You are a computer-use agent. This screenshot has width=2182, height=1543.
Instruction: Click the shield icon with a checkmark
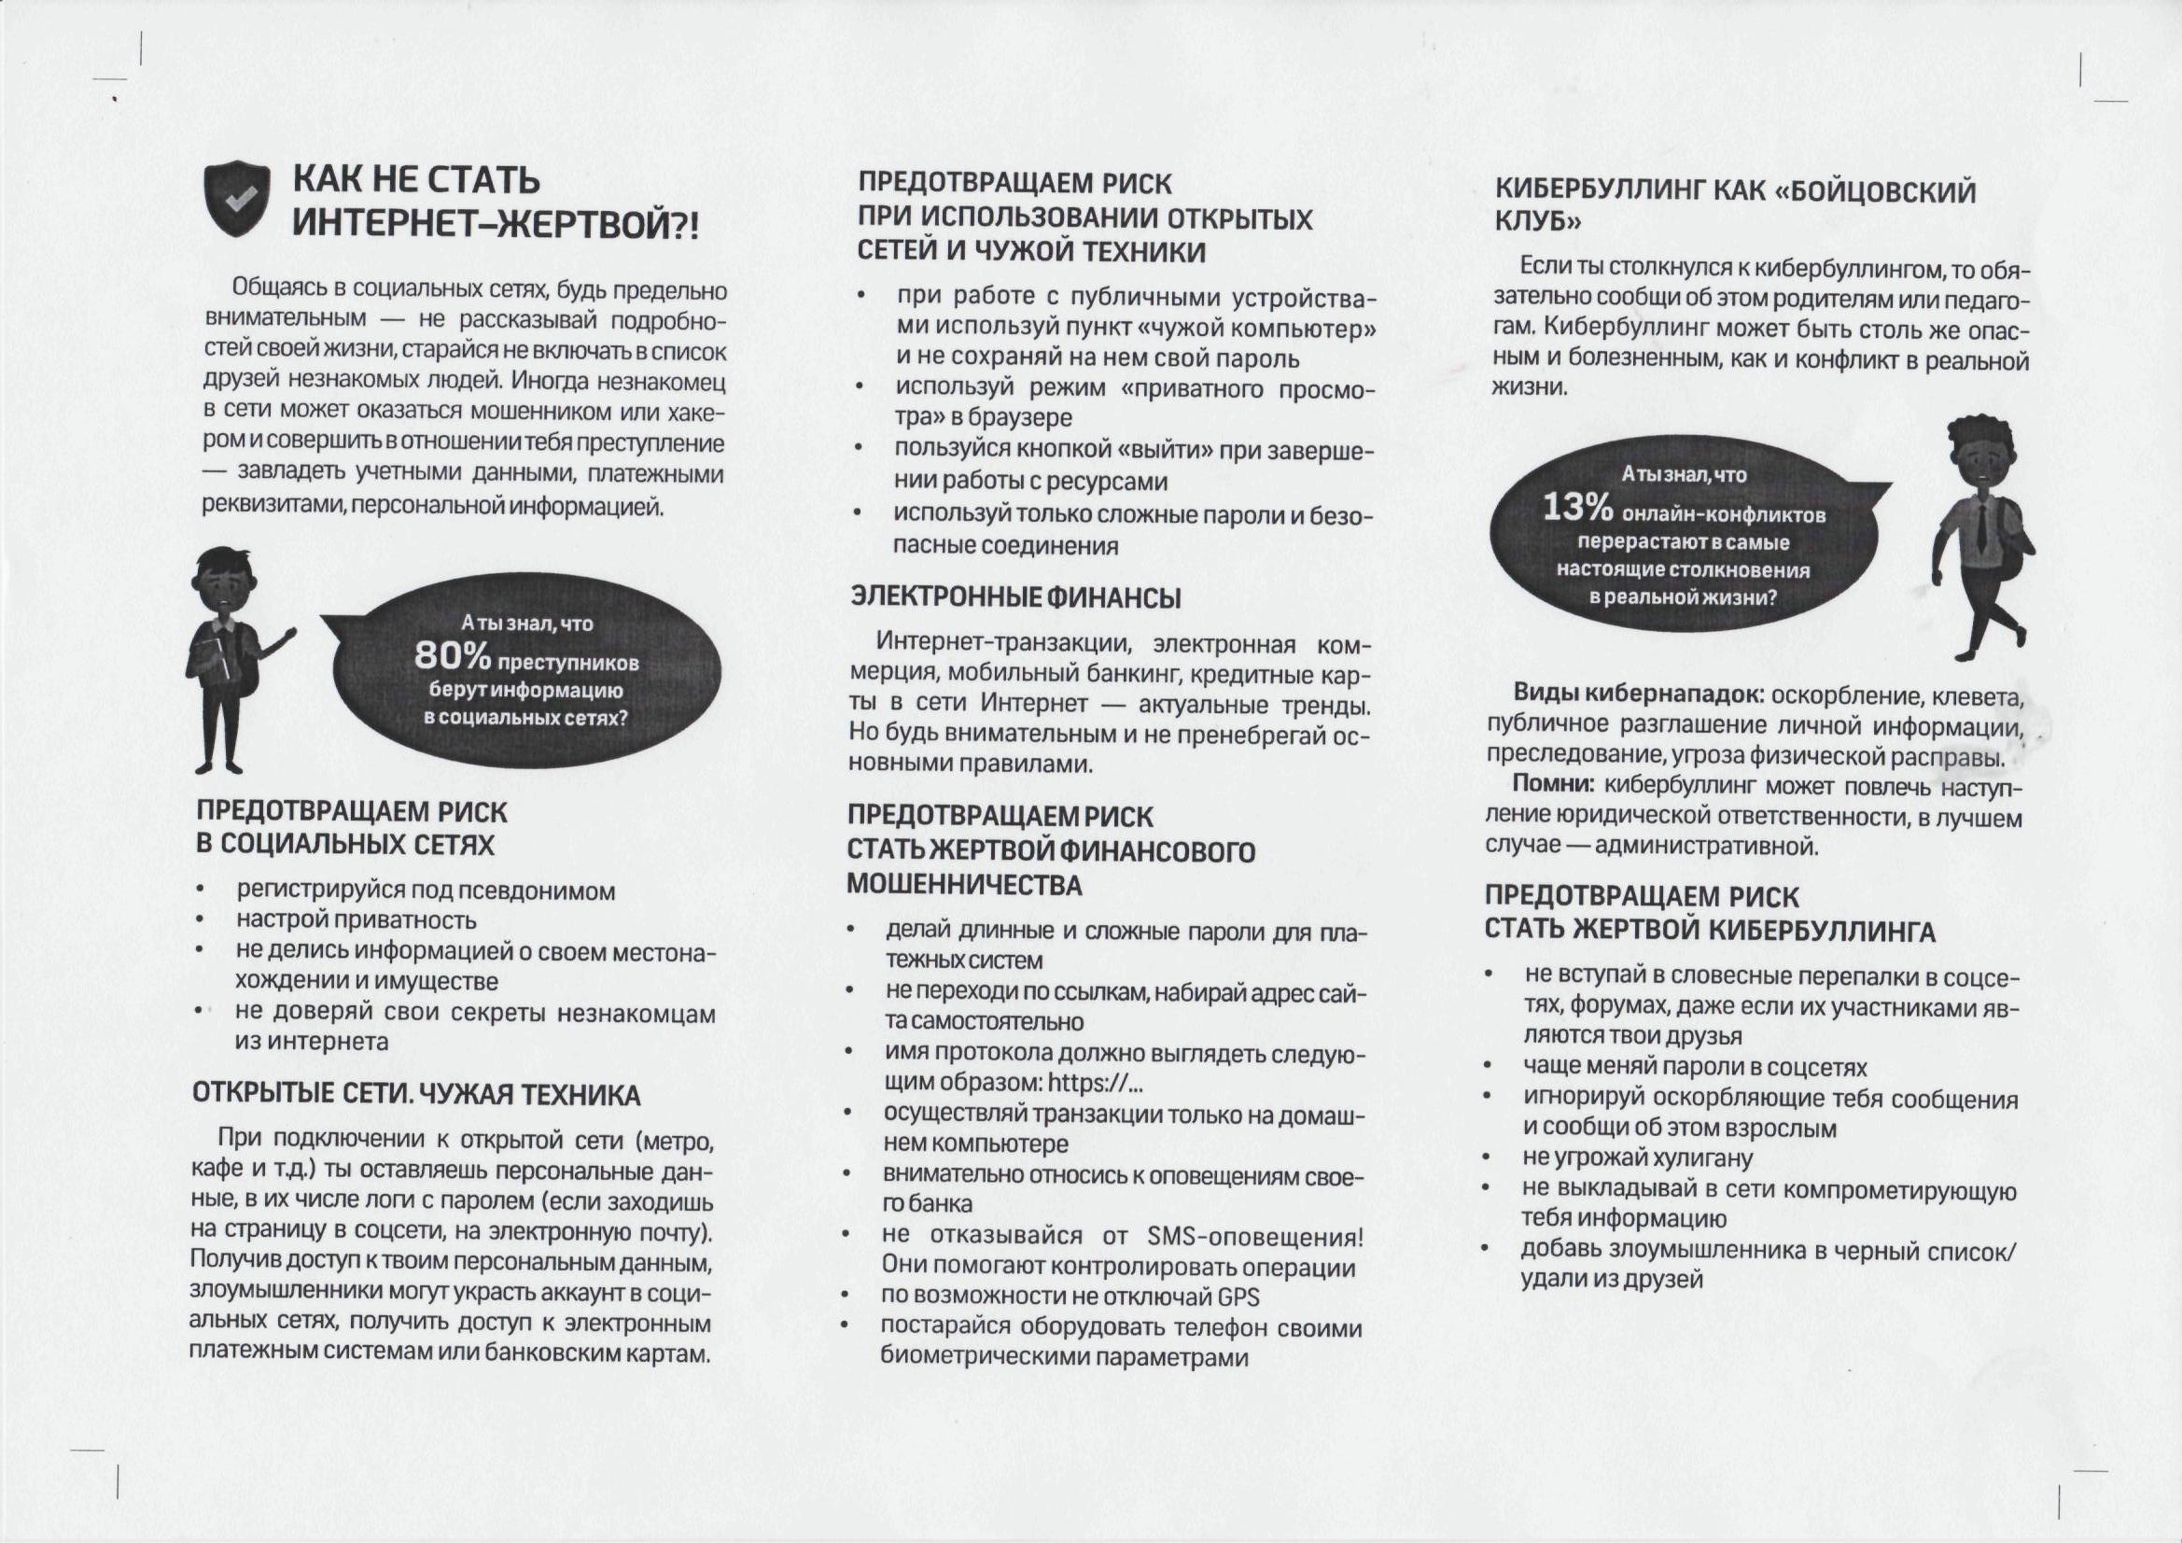237,198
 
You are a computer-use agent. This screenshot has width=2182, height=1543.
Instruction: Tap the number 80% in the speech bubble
453,655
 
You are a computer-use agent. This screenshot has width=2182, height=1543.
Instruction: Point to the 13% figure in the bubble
1576,507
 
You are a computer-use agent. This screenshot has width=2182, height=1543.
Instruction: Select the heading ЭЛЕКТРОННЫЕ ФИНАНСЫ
1016,597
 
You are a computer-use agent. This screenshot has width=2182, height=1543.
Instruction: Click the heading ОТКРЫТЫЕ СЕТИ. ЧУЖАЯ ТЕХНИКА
416,1094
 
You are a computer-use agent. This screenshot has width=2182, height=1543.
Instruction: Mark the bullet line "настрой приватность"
357,920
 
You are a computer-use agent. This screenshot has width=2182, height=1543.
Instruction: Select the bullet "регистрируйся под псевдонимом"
426,891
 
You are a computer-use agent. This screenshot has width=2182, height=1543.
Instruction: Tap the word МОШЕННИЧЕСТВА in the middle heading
965,884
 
